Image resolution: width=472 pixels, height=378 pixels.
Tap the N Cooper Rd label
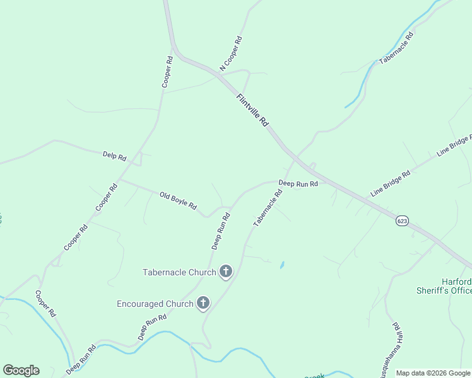pos(231,53)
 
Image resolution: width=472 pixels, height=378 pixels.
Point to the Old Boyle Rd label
pos(178,201)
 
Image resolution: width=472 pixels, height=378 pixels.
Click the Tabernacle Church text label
pos(179,272)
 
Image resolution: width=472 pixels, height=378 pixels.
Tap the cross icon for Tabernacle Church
pos(225,272)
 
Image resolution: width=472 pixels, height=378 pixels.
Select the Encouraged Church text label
pos(155,304)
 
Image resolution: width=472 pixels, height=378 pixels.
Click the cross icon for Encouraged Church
pos(203,304)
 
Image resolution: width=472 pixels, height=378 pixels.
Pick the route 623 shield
pos(403,220)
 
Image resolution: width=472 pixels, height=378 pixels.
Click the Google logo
pos(21,370)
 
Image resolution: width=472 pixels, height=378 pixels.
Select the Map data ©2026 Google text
pos(434,373)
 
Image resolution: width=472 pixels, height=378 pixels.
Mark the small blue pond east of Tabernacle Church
pos(281,265)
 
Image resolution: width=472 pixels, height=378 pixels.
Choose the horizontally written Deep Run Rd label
pos(298,184)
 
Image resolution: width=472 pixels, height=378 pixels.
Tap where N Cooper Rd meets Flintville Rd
pos(218,75)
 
